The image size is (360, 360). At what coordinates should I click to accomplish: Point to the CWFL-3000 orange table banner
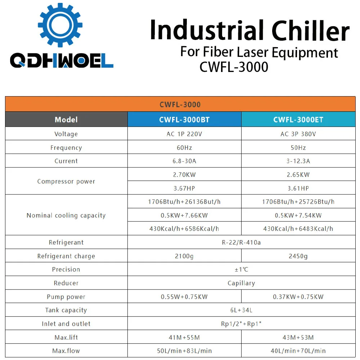point(180,104)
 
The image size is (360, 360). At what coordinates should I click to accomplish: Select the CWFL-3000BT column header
point(184,120)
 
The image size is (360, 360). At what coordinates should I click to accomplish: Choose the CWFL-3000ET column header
point(298,120)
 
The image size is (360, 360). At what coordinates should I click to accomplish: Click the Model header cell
point(66,120)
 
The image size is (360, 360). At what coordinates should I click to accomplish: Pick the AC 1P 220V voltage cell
point(184,134)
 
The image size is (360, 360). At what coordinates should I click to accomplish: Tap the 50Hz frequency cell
point(298,148)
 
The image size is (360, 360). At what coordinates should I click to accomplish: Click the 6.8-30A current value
point(184,161)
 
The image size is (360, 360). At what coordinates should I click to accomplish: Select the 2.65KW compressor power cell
point(298,175)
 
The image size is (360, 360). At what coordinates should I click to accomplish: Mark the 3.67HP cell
point(184,188)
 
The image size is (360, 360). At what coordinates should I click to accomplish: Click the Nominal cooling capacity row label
point(66,215)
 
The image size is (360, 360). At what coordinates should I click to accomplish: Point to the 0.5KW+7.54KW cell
point(298,215)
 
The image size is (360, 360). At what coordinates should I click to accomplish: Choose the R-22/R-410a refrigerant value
point(241,242)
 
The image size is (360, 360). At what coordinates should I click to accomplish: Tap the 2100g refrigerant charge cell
point(184,256)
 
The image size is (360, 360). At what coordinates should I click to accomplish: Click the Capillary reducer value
point(241,283)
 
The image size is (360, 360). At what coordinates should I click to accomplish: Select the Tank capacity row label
point(66,310)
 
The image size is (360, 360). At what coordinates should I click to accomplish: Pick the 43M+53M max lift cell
point(298,337)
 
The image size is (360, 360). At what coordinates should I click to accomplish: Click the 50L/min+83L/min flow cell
point(184,351)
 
